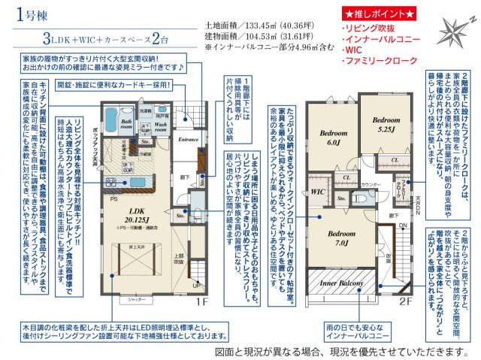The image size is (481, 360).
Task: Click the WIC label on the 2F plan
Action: tap(318, 192)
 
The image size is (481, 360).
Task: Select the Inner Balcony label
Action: tap(343, 283)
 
